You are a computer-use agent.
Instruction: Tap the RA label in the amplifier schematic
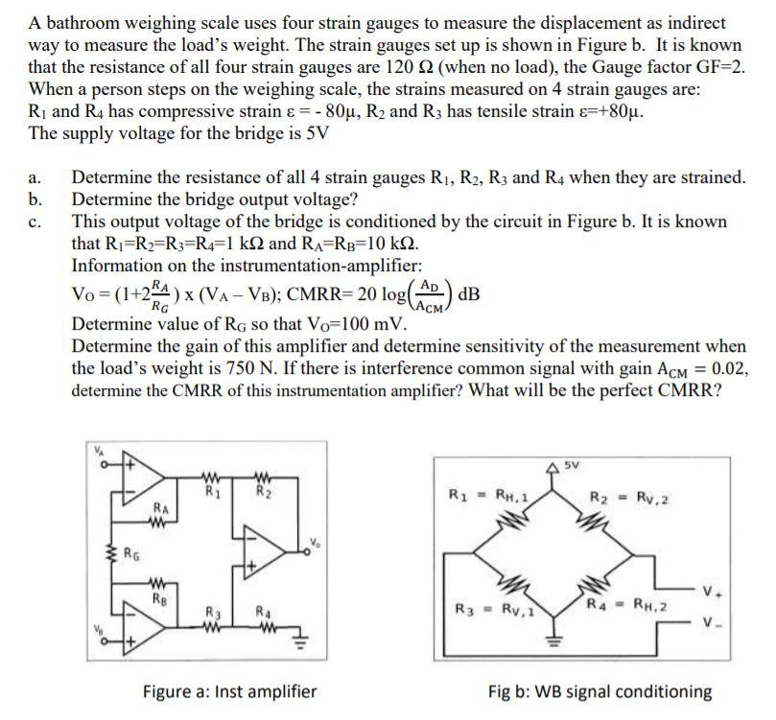(x=162, y=509)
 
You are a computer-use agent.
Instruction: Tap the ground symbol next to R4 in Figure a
(x=297, y=633)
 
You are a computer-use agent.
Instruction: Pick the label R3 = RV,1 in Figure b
(x=486, y=609)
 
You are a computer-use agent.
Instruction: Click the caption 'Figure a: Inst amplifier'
(x=229, y=690)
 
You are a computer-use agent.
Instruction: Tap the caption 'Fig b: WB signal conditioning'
(x=600, y=690)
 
